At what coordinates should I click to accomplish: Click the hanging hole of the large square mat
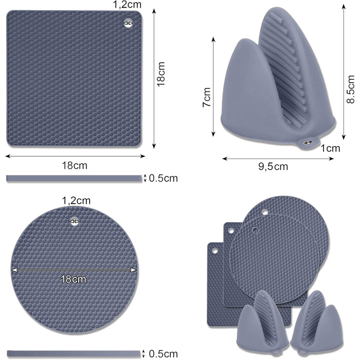click(129, 23)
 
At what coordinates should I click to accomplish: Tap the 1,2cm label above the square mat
click(127, 5)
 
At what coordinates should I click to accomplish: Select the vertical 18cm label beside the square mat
click(161, 74)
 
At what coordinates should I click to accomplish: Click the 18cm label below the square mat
click(75, 166)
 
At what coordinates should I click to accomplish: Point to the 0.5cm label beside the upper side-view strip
click(164, 178)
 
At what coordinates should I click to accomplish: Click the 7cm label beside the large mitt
click(207, 97)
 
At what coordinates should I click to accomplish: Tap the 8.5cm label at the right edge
click(351, 89)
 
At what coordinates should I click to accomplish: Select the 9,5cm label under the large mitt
click(273, 167)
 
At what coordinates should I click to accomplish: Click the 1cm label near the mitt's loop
click(330, 149)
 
